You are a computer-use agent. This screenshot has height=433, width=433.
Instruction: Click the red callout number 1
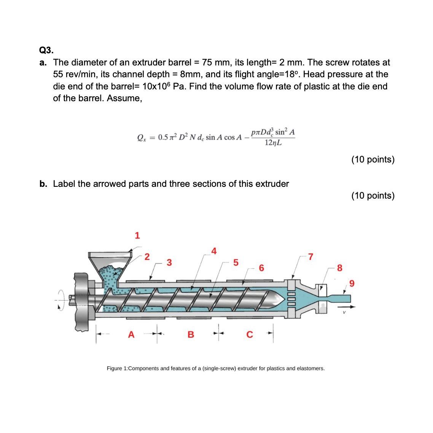pyautogui.click(x=137, y=236)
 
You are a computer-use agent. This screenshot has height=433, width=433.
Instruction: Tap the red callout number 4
pyautogui.click(x=214, y=251)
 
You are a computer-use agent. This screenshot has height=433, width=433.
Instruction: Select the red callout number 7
pyautogui.click(x=310, y=257)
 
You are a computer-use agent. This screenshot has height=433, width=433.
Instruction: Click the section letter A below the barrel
pyautogui.click(x=131, y=334)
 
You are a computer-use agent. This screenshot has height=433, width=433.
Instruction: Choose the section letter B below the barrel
pyautogui.click(x=191, y=334)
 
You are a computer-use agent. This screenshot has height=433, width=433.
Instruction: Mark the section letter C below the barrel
pyautogui.click(x=250, y=334)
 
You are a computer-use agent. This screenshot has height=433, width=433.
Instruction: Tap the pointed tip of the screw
pyautogui.click(x=282, y=299)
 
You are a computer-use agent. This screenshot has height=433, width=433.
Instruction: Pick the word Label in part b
pyautogui.click(x=64, y=184)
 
